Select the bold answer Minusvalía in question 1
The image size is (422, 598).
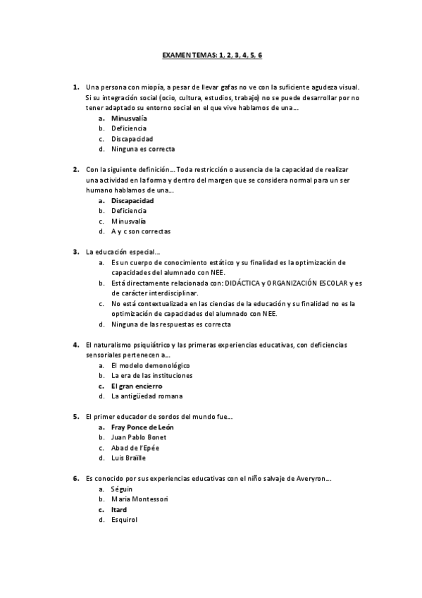(x=129, y=118)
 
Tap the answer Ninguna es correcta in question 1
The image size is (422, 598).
(x=143, y=149)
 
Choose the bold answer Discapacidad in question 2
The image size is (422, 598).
(x=132, y=200)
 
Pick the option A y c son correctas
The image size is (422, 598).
(x=141, y=231)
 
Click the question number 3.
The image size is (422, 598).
(x=75, y=252)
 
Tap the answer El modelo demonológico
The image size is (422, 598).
(x=151, y=365)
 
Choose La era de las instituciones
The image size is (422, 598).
(x=151, y=376)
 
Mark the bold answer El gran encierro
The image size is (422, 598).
(x=137, y=386)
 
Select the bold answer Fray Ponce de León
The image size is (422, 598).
(x=142, y=427)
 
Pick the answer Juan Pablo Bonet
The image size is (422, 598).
(x=139, y=437)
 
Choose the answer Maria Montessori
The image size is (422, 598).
(x=139, y=499)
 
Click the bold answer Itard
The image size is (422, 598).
(x=119, y=509)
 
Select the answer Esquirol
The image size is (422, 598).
(x=125, y=520)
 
